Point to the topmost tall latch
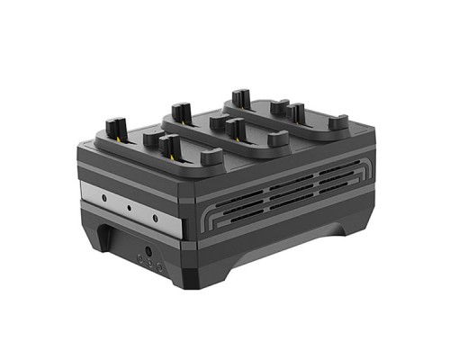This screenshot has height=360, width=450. [239, 97]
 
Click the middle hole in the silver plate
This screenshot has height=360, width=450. [130, 205]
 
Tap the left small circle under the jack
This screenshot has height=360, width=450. [139, 259]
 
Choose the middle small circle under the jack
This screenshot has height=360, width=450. [148, 264]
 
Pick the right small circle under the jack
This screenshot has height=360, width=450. [159, 267]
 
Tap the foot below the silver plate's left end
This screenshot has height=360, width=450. [101, 241]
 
